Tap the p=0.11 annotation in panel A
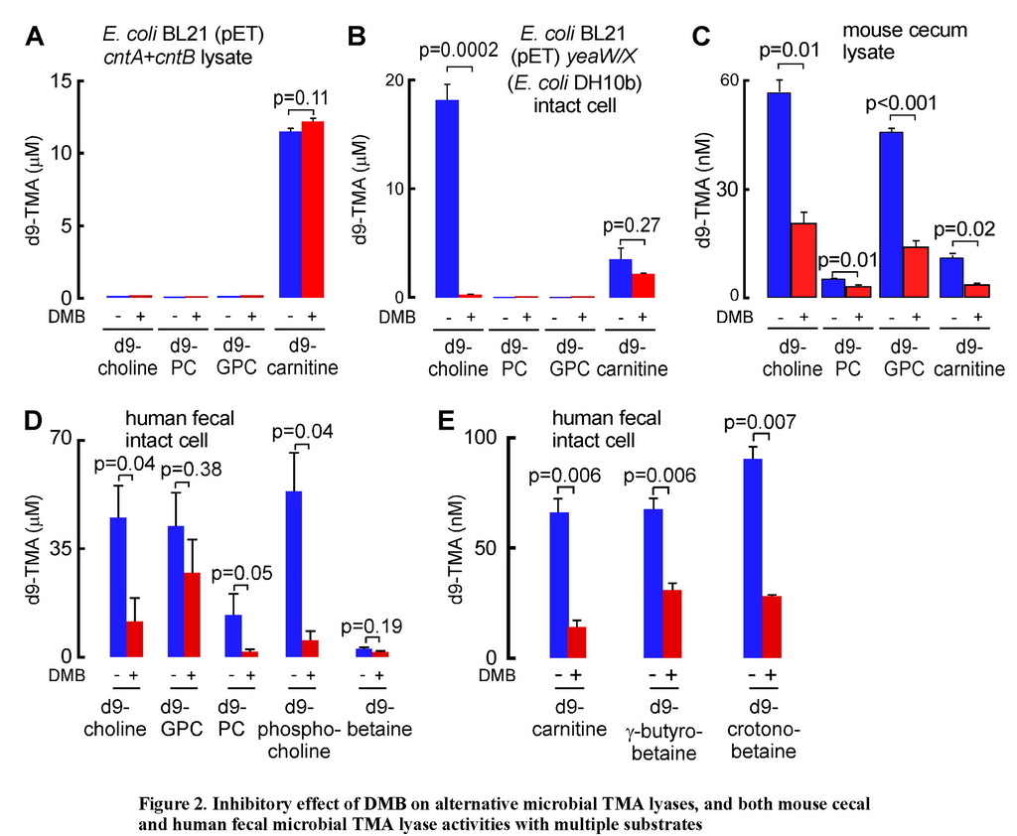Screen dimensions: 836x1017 coord(300,97)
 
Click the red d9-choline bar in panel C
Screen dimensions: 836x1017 coord(803,260)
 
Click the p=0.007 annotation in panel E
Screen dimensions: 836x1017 coord(762,422)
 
